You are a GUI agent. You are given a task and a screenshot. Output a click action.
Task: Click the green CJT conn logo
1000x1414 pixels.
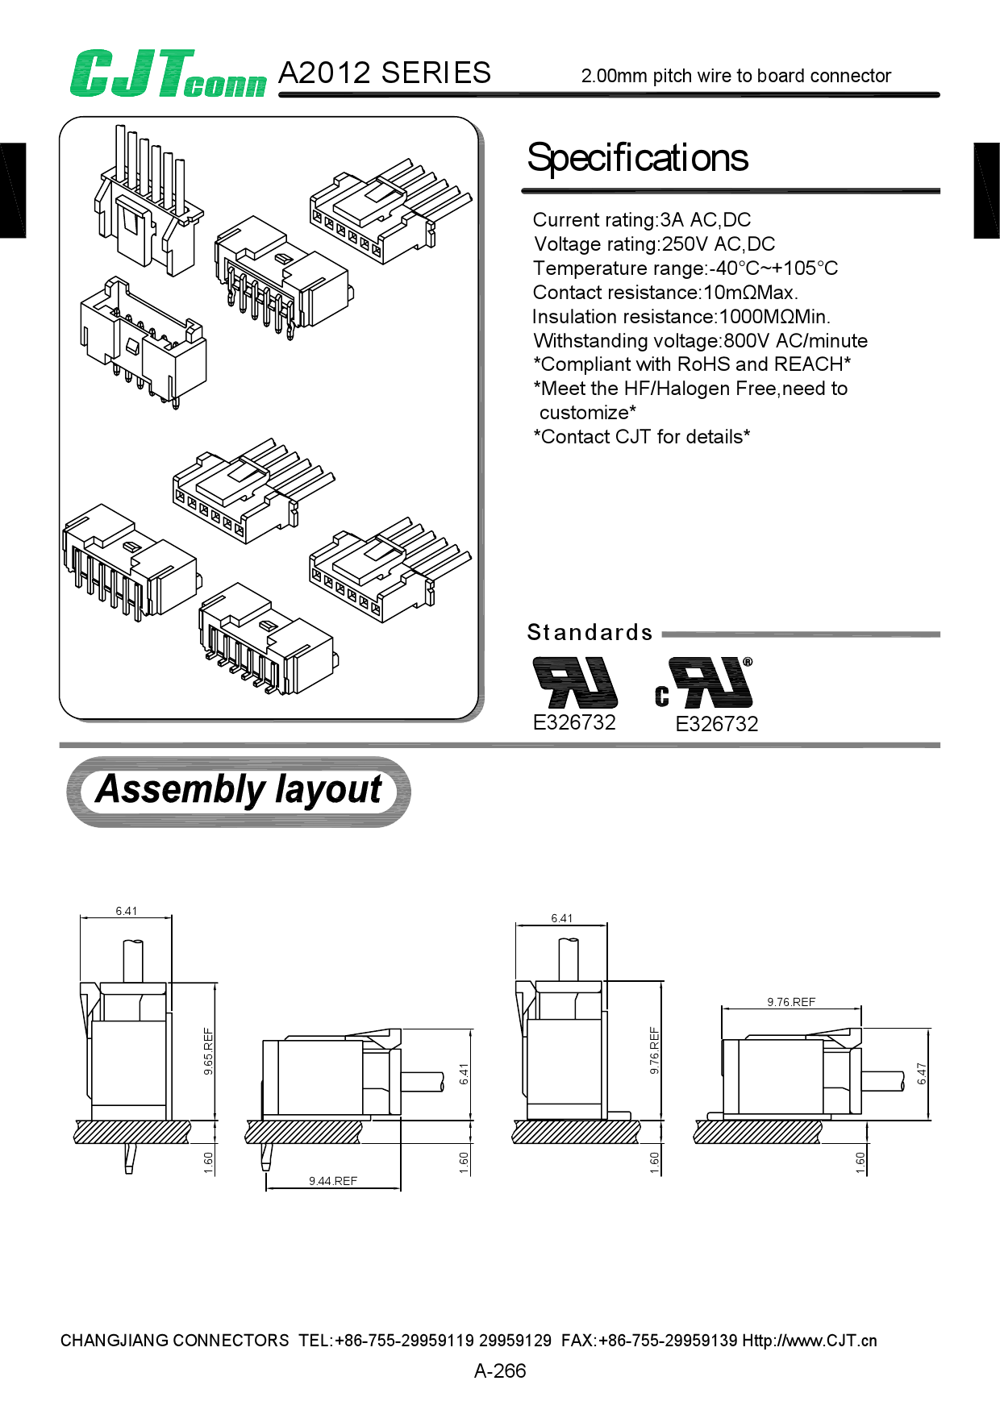pyautogui.click(x=167, y=74)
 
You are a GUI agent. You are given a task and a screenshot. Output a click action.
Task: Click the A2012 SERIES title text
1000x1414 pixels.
pyautogui.click(x=384, y=73)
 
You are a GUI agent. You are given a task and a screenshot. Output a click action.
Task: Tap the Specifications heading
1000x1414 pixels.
pyautogui.click(x=637, y=158)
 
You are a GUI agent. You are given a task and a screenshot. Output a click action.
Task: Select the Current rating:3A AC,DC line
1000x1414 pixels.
pyautogui.click(x=642, y=220)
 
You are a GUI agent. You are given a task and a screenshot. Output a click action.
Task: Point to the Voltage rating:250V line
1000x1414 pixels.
pyautogui.click(x=654, y=244)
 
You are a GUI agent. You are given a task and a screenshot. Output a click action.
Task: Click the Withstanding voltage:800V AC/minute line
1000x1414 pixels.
pyautogui.click(x=700, y=341)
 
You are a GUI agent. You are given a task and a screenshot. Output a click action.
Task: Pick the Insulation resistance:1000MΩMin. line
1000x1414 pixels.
pyautogui.click(x=681, y=317)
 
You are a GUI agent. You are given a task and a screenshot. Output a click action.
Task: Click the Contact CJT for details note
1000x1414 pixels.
pyautogui.click(x=642, y=437)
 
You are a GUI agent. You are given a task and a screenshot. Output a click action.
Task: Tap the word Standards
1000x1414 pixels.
pyautogui.click(x=590, y=633)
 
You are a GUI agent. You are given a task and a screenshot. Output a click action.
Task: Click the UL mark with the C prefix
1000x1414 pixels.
pyautogui.click(x=706, y=684)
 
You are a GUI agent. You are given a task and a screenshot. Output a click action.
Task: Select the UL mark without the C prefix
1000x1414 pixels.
pyautogui.click(x=574, y=682)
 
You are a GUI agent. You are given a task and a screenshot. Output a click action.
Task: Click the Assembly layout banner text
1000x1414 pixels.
pyautogui.click(x=239, y=790)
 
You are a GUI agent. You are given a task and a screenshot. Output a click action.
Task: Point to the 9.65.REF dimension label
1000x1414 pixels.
pyautogui.click(x=209, y=1050)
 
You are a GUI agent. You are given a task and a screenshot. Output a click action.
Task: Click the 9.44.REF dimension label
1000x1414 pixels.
pyautogui.click(x=332, y=1181)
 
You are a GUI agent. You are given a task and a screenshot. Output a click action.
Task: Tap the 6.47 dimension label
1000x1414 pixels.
pyautogui.click(x=922, y=1073)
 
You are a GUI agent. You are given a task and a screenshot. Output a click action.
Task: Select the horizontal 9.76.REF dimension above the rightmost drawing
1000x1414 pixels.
pyautogui.click(x=791, y=1002)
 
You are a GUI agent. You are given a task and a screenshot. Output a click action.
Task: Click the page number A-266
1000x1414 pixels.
pyautogui.click(x=500, y=1370)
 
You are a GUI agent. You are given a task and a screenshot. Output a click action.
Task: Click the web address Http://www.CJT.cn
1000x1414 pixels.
pyautogui.click(x=809, y=1341)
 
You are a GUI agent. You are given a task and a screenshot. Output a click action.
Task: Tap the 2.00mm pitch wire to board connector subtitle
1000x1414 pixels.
pyautogui.click(x=735, y=76)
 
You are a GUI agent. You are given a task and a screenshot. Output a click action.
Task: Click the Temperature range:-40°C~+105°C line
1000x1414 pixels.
pyautogui.click(x=685, y=268)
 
